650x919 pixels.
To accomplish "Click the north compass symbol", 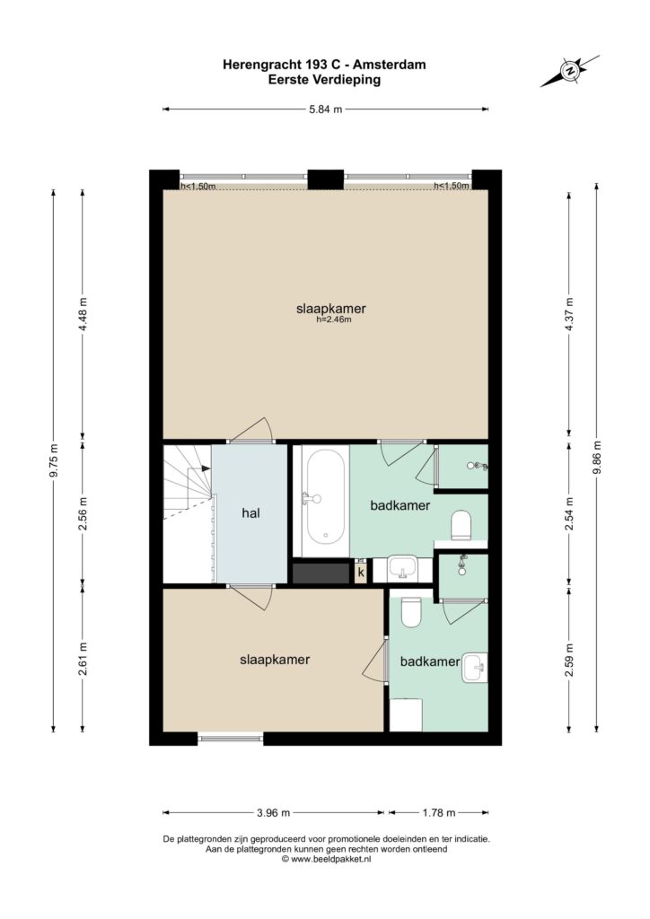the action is pyautogui.click(x=570, y=71).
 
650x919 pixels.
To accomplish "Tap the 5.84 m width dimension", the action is pyautogui.click(x=325, y=109).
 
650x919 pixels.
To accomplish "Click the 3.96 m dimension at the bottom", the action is pyautogui.click(x=274, y=812).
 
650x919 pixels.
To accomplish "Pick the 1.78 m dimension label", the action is pyautogui.click(x=439, y=812).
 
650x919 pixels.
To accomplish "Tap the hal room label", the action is pyautogui.click(x=250, y=513).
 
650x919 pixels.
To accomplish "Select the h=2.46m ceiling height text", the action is pyautogui.click(x=333, y=319).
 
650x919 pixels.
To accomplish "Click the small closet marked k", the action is pyautogui.click(x=361, y=572).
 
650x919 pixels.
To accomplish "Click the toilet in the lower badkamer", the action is pyautogui.click(x=411, y=612).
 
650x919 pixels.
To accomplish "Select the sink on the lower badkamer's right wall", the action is pyautogui.click(x=475, y=668).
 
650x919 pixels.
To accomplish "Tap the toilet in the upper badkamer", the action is pyautogui.click(x=461, y=525).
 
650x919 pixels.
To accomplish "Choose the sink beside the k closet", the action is pyautogui.click(x=403, y=567).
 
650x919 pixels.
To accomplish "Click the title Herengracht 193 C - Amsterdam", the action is pyautogui.click(x=324, y=65).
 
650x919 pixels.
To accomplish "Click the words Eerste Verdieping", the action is pyautogui.click(x=324, y=80).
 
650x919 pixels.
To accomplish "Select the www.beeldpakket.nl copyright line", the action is pyautogui.click(x=326, y=859).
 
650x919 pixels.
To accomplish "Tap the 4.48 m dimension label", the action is pyautogui.click(x=83, y=314).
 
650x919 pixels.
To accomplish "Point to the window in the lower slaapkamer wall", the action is pyautogui.click(x=231, y=739).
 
